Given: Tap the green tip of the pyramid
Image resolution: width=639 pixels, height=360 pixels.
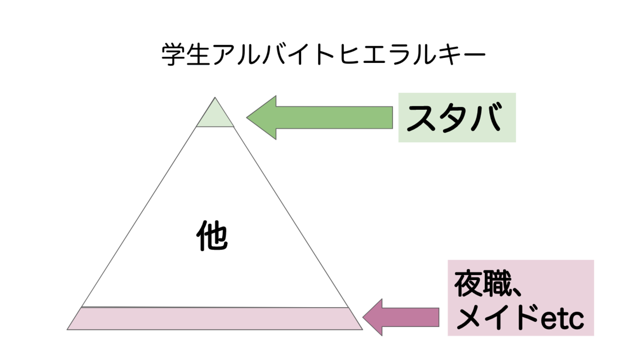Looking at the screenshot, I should coord(215,116).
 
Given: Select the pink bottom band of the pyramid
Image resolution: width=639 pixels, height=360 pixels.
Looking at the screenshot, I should coord(215,319).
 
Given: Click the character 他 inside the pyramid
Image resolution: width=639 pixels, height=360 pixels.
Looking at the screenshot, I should coord(212,236).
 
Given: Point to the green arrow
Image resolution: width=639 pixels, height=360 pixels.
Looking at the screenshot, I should coord(319,117).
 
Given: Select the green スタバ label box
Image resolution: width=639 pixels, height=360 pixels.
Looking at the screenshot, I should coord(457,118).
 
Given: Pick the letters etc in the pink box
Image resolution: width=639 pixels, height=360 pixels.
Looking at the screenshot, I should coord(562,319).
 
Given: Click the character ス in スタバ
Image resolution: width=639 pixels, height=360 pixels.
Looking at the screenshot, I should coord(422,118).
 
